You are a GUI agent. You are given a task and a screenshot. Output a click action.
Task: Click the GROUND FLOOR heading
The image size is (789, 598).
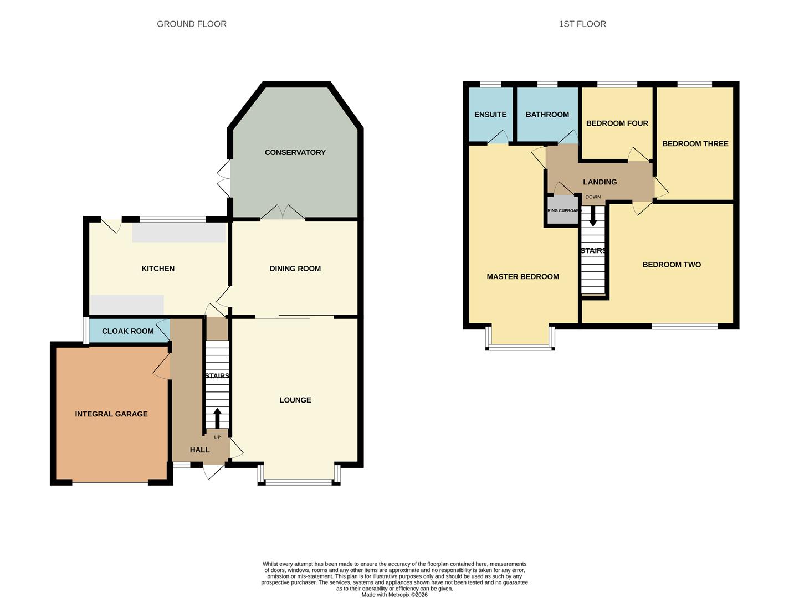192,24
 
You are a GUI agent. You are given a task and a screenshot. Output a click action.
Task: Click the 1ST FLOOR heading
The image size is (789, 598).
582,24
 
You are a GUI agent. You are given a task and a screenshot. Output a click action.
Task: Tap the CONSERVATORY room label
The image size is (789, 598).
295,152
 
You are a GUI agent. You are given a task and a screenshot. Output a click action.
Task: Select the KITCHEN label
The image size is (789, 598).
158,269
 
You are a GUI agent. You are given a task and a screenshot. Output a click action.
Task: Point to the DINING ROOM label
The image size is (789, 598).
295,269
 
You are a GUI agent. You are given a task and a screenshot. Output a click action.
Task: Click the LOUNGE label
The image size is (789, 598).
295,400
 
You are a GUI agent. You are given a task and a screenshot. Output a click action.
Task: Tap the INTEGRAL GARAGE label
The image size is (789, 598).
111,414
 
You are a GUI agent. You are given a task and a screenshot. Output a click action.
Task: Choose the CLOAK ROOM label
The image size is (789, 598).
128,331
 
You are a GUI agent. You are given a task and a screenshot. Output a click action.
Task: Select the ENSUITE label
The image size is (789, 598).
490,115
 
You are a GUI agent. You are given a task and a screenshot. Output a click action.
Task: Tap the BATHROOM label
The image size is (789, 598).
547,115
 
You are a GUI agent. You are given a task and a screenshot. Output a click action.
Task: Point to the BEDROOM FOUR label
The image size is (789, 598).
617,123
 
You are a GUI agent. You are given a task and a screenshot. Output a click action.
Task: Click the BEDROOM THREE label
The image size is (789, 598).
695,143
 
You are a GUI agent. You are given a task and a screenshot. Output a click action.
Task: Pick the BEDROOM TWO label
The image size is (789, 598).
672,265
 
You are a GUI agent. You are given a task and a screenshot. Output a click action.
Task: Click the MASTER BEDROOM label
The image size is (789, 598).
522,276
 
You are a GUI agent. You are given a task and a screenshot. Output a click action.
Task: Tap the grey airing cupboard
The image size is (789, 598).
562,211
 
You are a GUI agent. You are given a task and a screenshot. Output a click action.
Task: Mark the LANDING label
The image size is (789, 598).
600,182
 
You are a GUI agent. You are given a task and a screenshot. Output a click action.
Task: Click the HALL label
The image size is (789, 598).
199,450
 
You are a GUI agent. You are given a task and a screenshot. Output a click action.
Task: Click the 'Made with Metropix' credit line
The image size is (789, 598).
394,595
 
